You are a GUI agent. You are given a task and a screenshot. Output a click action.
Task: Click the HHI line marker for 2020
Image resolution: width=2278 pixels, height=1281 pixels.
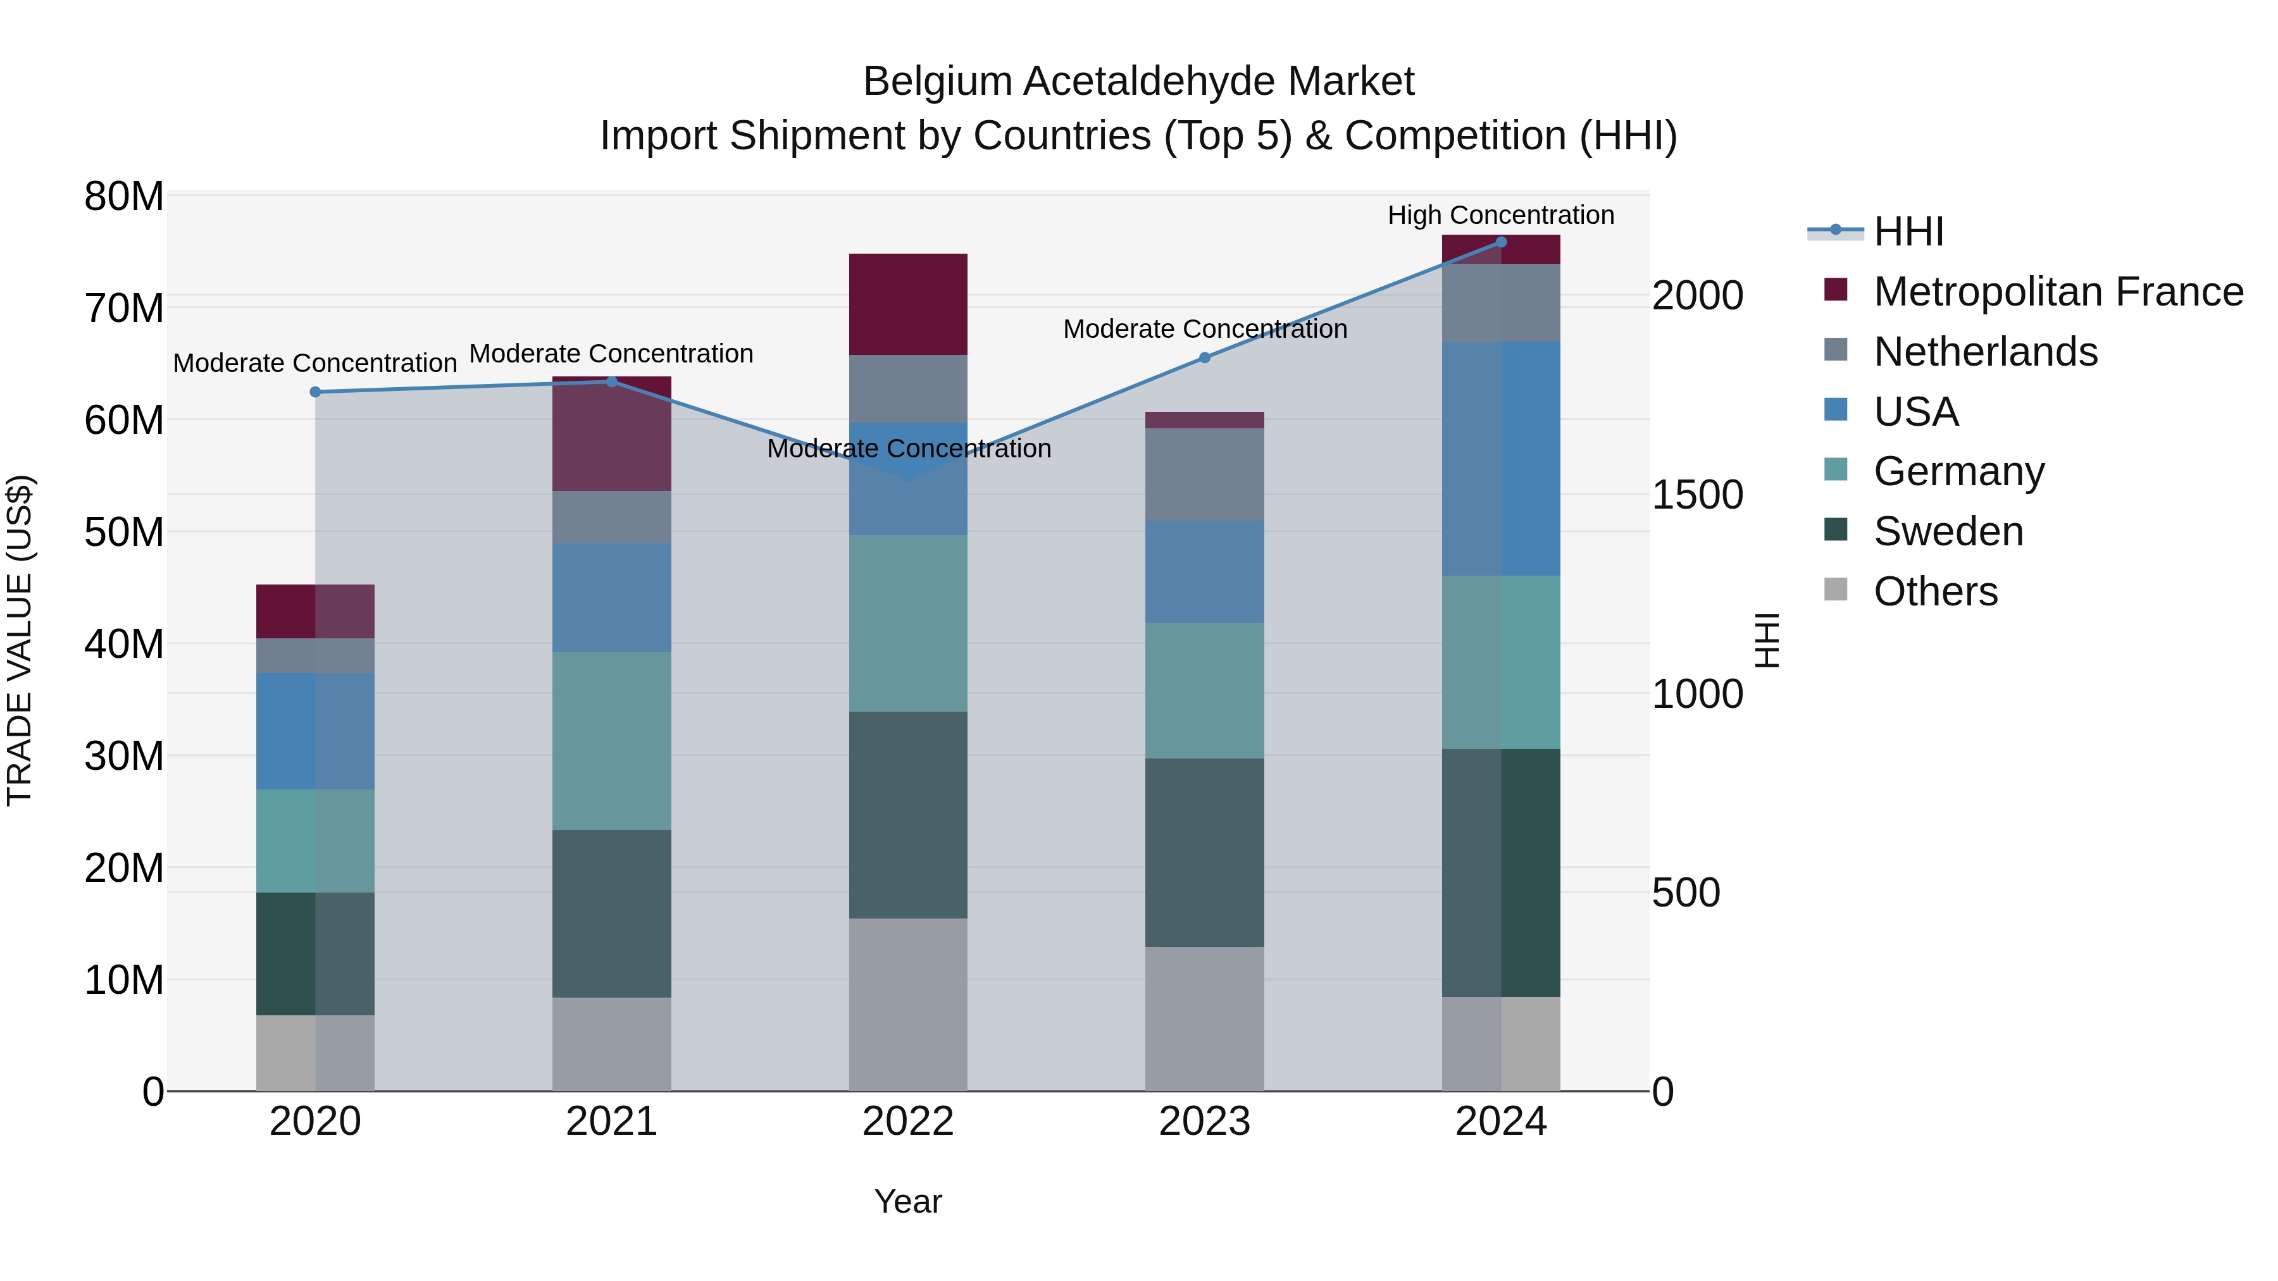[315, 392]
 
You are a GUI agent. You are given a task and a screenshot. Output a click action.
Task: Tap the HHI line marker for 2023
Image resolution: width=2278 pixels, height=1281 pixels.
[1204, 357]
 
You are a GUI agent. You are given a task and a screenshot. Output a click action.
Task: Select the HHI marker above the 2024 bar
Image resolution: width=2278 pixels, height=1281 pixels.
[1501, 242]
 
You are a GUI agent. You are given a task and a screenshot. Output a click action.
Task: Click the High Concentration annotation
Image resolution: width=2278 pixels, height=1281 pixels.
[1501, 215]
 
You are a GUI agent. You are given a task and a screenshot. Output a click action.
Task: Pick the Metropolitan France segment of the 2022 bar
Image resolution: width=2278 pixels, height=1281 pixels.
[908, 304]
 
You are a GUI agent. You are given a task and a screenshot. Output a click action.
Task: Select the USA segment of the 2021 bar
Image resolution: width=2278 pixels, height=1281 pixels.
[611, 598]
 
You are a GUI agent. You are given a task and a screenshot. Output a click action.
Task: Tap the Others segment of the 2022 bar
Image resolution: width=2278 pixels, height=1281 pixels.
[908, 1005]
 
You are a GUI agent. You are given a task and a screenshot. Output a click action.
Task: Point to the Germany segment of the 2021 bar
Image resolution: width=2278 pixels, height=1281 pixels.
[611, 741]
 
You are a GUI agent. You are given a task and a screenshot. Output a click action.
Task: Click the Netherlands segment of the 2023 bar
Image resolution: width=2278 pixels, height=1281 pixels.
[1204, 474]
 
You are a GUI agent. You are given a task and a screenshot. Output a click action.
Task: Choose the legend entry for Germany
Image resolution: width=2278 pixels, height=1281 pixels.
[1958, 471]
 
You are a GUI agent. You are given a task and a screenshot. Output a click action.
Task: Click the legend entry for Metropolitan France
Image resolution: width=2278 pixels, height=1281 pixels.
[2057, 292]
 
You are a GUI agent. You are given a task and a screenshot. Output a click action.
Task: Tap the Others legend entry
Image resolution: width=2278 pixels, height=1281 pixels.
[1935, 591]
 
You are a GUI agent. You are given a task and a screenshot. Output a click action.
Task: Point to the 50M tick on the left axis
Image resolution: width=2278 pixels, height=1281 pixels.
[124, 532]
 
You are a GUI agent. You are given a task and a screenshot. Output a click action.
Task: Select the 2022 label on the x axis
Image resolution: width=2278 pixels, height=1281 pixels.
[908, 1122]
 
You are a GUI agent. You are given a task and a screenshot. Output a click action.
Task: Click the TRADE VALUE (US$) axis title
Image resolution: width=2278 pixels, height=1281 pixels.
[20, 640]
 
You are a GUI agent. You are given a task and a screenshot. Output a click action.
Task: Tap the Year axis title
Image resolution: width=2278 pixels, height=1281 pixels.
[908, 1201]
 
